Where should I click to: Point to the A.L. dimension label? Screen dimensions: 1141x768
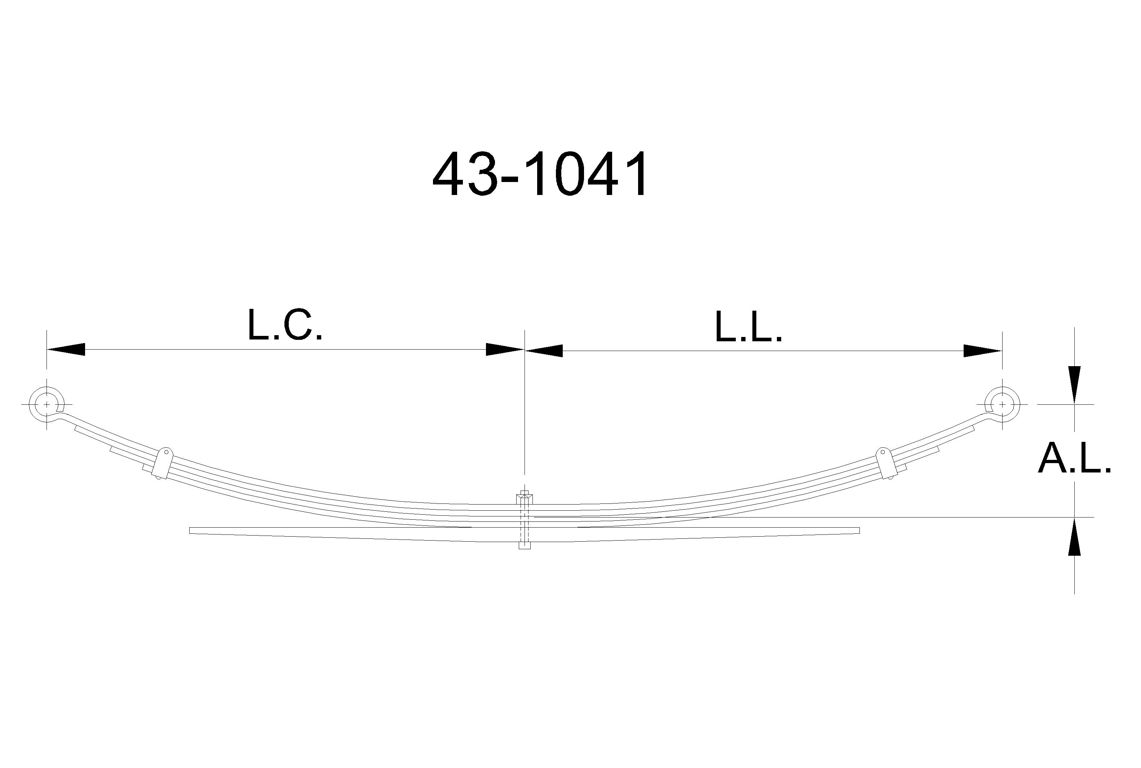coord(1074,458)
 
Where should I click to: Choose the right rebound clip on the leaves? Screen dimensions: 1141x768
coord(887,463)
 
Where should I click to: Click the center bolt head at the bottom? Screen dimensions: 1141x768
coord(524,545)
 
